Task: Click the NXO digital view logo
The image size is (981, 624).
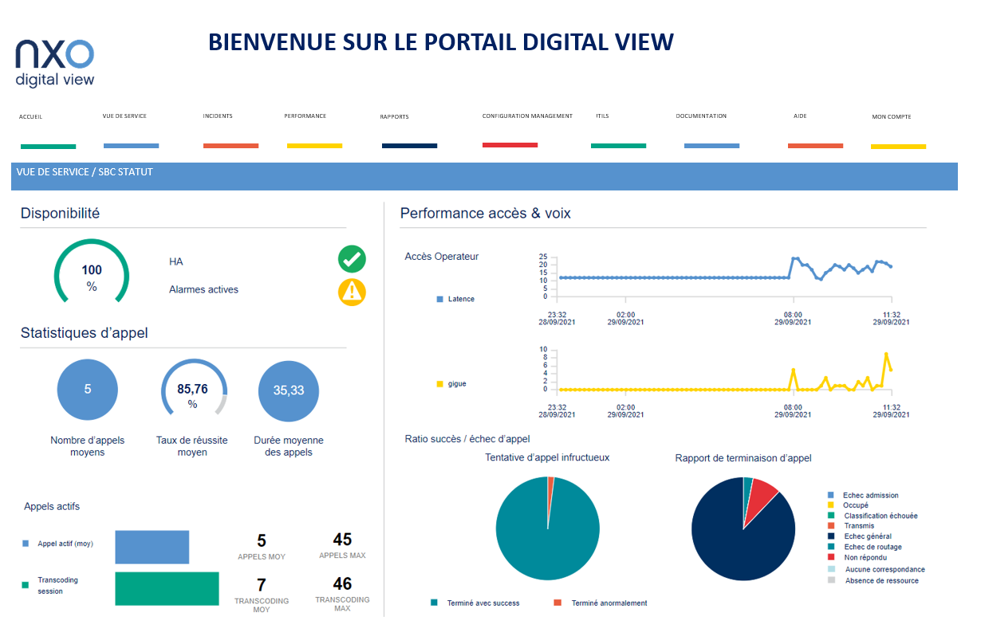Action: click(55, 62)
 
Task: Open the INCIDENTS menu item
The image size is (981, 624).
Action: click(218, 116)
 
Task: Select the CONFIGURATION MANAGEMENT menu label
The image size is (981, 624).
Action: click(527, 116)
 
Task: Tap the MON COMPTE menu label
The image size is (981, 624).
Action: click(891, 117)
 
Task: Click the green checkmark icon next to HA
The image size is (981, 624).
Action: click(352, 260)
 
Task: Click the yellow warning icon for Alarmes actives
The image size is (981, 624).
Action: click(352, 291)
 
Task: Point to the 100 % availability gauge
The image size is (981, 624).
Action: click(91, 275)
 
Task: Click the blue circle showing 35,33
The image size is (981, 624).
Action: click(289, 390)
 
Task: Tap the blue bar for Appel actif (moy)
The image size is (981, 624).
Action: click(152, 547)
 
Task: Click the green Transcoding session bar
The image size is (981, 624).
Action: click(167, 588)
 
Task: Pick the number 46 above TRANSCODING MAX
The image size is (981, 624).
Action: click(342, 584)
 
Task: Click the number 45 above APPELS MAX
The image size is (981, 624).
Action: click(342, 540)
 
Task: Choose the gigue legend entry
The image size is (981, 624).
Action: click(456, 384)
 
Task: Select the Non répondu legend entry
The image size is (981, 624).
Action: click(862, 559)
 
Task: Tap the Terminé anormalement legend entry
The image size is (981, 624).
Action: click(609, 603)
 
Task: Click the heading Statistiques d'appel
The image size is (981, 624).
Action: click(84, 333)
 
